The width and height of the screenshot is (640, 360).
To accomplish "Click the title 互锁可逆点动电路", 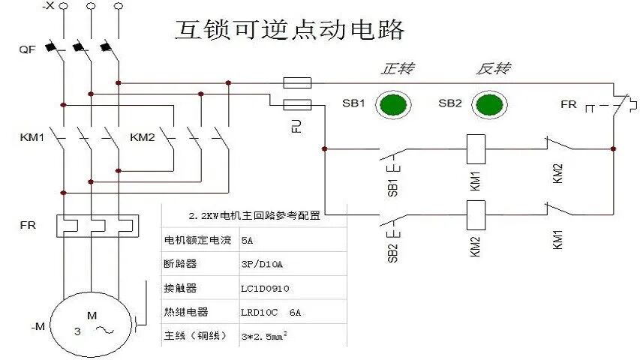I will coord(290,29).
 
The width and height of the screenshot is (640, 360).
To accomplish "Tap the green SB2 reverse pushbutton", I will coord(489,105).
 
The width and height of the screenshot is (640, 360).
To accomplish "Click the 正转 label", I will coord(398,69).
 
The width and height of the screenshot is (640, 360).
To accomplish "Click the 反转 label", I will coord(493,69).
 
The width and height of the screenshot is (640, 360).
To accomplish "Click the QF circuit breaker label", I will coord(28,49).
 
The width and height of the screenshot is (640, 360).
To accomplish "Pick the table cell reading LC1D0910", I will coord(265,288).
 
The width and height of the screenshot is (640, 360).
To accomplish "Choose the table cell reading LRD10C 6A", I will coord(271,312).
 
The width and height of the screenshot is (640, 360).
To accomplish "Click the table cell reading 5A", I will coord(247,241).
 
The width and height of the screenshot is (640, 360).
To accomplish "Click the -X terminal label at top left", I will coord(48,6).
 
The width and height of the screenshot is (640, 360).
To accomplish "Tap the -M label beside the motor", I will coord(38,326).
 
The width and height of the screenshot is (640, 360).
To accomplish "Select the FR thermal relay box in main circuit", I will coord(98,225).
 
